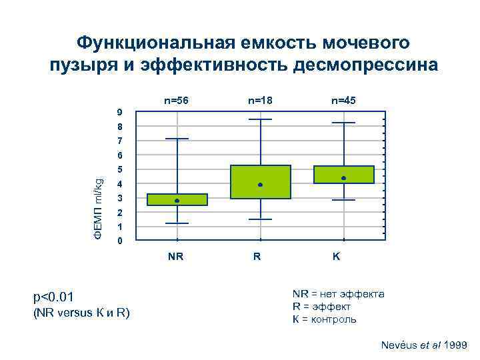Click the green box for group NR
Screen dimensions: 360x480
tap(177, 199)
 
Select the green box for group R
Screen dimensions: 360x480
tap(260, 182)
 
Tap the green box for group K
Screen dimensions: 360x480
tap(343, 174)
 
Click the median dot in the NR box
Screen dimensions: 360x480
tap(177, 201)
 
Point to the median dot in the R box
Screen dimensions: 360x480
tap(260, 185)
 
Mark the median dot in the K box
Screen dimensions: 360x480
tap(343, 178)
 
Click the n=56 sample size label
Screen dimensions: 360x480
tap(177, 101)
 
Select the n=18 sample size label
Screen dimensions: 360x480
tap(260, 101)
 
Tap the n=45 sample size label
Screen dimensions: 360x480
tap(343, 101)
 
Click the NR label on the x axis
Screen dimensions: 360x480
tap(176, 255)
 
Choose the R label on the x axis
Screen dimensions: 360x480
tap(257, 255)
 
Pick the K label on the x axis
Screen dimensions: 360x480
tap(337, 255)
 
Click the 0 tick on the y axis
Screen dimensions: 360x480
tap(119, 241)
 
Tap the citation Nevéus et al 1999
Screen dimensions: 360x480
tap(423, 345)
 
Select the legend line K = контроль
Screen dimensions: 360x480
tap(324, 319)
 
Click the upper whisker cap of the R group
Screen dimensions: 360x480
tap(260, 119)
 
